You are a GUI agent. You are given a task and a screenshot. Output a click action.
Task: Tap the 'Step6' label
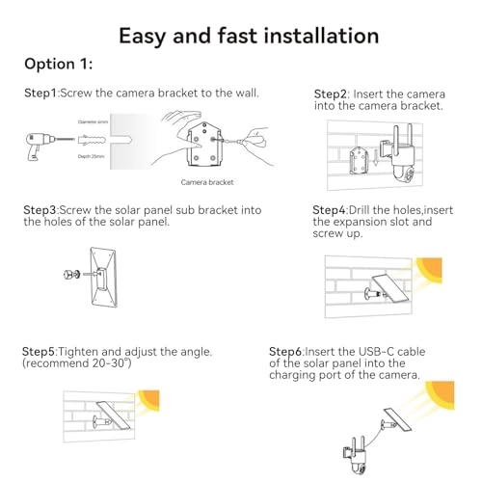pos(287,351)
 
